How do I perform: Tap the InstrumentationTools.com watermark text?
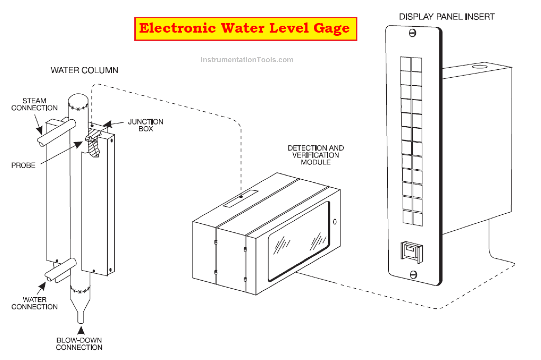click(247, 60)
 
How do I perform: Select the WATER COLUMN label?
click(85, 70)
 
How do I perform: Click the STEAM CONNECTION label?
click(34, 105)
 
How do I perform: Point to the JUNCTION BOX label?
click(146, 125)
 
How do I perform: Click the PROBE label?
click(23, 165)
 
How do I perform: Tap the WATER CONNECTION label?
click(34, 303)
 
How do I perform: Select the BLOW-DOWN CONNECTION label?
click(79, 344)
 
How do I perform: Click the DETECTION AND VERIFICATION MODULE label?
click(316, 155)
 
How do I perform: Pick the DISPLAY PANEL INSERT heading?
click(446, 17)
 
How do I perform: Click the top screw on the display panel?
click(412, 33)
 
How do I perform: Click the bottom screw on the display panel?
click(413, 274)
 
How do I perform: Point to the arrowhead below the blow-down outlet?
click(81, 331)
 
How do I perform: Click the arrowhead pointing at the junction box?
click(108, 124)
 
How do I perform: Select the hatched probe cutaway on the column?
click(94, 144)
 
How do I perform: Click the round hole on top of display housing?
click(479, 67)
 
